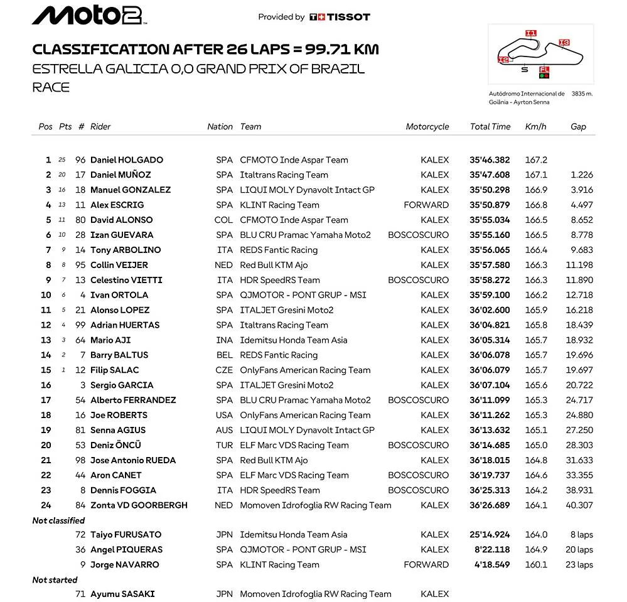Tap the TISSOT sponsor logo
tap(340, 17)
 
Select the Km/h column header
tap(535, 126)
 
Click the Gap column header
tap(578, 126)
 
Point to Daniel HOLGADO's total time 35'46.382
tap(490, 160)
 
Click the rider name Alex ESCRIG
tap(117, 205)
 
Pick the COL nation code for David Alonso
tap(224, 220)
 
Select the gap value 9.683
tap(582, 250)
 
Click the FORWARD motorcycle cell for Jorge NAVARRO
tap(427, 564)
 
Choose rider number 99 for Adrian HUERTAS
tap(80, 325)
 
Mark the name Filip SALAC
tap(114, 370)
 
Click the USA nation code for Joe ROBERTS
tap(224, 415)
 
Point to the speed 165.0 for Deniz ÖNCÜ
tap(536, 445)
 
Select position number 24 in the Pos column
tap(46, 505)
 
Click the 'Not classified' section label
tap(58, 520)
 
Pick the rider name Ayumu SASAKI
tap(122, 594)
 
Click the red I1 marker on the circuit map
tap(531, 33)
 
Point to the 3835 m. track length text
tap(582, 94)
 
